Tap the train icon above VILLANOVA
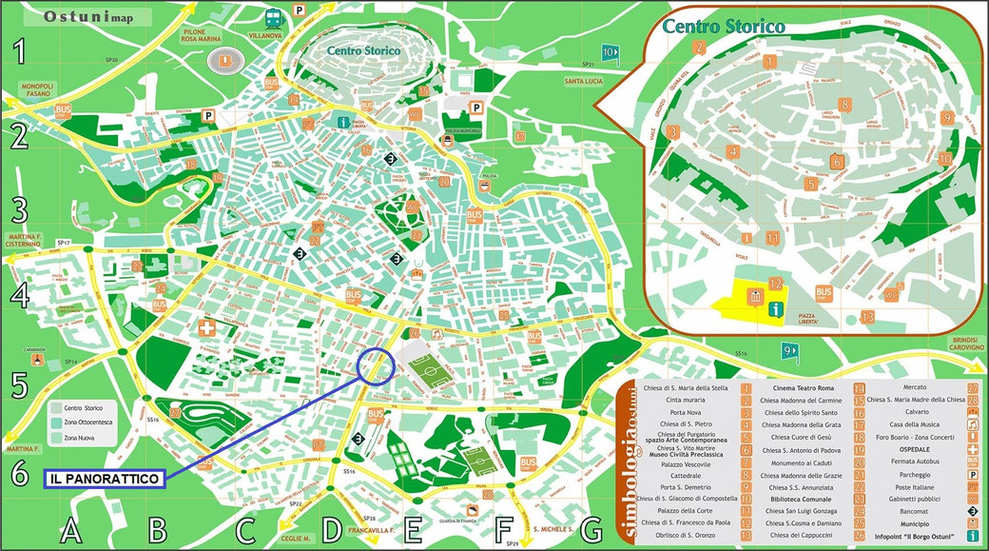pyautogui.click(x=273, y=15)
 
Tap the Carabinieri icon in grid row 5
pyautogui.click(x=37, y=362)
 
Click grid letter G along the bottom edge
pyautogui.click(x=591, y=530)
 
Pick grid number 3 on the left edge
pyautogui.click(x=19, y=208)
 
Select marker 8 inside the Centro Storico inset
pyautogui.click(x=844, y=105)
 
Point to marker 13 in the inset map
pyautogui.click(x=866, y=317)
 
